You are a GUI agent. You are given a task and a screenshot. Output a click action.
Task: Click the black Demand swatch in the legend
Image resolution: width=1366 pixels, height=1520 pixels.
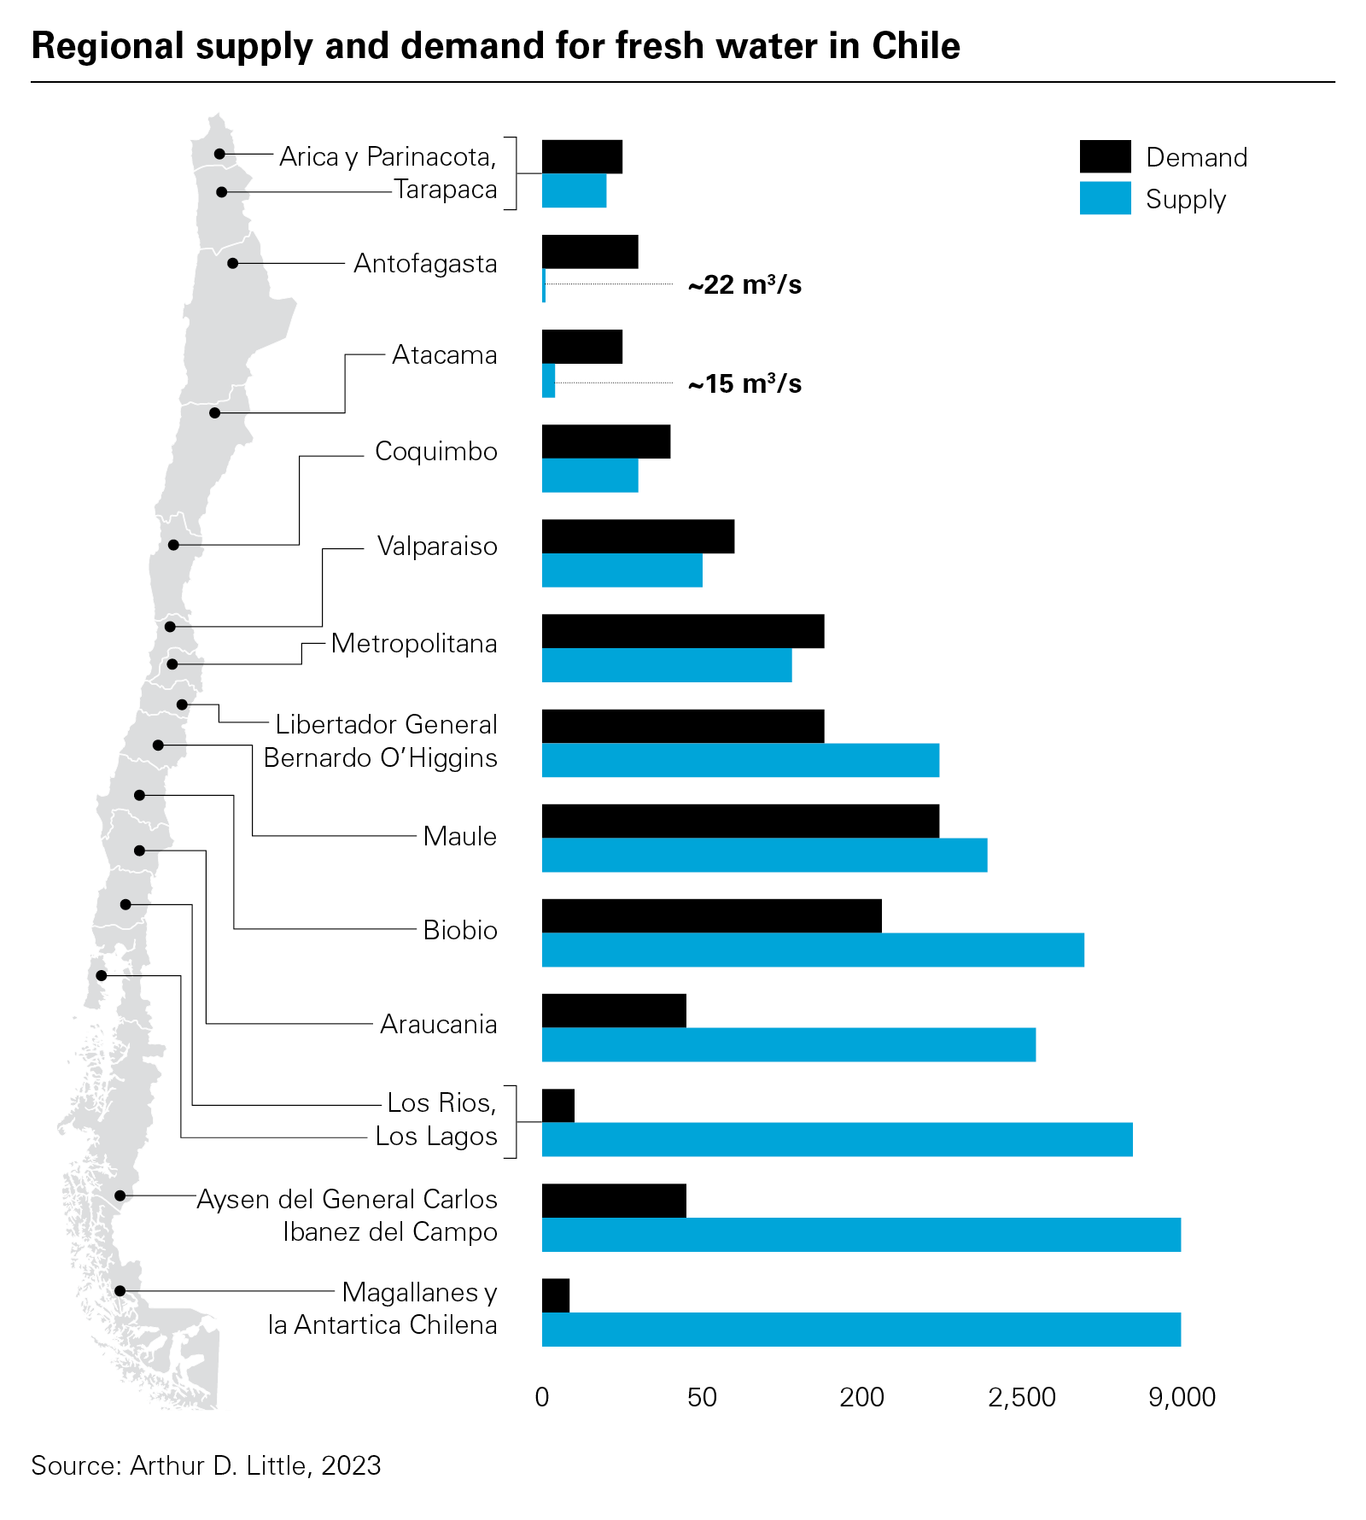(1105, 156)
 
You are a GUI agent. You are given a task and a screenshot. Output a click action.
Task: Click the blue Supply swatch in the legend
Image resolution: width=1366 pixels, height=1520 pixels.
(1105, 198)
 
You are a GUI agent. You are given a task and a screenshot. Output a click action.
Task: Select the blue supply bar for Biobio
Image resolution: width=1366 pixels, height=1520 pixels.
(812, 950)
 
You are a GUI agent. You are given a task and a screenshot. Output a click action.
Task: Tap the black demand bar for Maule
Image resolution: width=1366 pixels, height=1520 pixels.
(739, 821)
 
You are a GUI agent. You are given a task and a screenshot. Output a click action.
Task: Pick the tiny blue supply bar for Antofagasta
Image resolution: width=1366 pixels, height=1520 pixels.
(544, 285)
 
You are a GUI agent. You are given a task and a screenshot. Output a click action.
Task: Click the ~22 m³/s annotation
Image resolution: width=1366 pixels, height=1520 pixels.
(744, 285)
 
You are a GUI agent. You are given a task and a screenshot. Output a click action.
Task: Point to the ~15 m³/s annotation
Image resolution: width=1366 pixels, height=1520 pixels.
(744, 384)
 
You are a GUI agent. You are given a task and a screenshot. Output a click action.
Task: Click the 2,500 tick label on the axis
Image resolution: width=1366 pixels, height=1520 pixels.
(1021, 1398)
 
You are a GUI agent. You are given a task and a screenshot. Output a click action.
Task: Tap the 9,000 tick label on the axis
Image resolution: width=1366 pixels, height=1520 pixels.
(1182, 1398)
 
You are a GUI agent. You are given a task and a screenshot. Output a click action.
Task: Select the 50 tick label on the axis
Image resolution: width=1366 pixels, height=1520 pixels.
(702, 1398)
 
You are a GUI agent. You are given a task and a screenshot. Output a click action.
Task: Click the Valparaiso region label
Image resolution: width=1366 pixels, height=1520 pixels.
(437, 546)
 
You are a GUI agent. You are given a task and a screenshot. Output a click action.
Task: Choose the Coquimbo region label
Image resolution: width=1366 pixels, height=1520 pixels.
(435, 451)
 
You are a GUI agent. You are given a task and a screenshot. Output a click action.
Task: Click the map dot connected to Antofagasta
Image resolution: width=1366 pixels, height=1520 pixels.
(233, 263)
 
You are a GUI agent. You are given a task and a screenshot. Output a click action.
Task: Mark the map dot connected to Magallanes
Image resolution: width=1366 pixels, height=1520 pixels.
(120, 1291)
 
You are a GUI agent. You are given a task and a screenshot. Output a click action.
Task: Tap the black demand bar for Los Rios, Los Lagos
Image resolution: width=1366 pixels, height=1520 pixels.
(558, 1106)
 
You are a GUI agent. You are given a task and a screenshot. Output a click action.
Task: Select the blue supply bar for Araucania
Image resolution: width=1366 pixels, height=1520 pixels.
(788, 1044)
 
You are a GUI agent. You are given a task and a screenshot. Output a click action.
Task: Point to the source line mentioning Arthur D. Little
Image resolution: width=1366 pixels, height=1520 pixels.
(206, 1465)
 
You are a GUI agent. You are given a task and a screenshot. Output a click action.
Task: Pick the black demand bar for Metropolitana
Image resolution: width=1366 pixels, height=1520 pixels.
(682, 631)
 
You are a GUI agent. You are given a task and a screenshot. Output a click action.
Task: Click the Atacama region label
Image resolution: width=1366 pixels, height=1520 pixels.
(444, 354)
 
